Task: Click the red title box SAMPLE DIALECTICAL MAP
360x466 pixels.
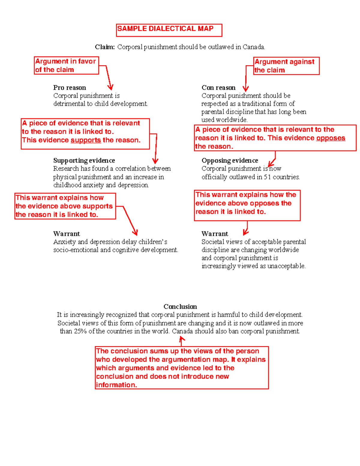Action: (x=169, y=30)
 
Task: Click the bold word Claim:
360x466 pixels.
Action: (x=105, y=47)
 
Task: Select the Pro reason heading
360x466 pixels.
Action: (x=70, y=88)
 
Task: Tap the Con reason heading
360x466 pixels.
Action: (x=218, y=88)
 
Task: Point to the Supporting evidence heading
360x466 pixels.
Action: (x=84, y=161)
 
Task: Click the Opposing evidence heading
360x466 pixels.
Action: (x=230, y=161)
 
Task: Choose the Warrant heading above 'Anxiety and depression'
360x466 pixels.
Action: (x=67, y=234)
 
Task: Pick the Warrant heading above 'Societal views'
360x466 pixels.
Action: (x=215, y=234)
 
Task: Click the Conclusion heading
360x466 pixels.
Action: (x=180, y=307)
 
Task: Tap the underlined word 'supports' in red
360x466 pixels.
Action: (x=86, y=140)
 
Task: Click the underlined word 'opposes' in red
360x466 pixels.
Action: (x=331, y=138)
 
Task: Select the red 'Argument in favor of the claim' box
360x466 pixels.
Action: (x=66, y=65)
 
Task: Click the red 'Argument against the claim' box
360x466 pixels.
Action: (x=286, y=66)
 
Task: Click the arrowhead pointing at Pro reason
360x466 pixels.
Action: (x=110, y=88)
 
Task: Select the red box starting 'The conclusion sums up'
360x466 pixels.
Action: (x=182, y=368)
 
